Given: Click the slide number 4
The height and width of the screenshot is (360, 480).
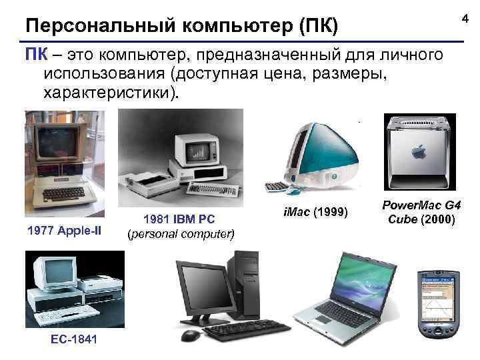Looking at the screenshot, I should (x=465, y=21).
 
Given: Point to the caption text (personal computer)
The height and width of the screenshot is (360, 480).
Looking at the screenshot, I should (x=180, y=234).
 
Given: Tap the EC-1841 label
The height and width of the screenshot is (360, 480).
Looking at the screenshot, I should (x=73, y=339).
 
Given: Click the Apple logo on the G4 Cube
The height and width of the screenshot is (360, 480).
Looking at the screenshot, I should (x=420, y=151).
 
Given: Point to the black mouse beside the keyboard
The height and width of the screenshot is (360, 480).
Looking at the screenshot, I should (x=191, y=335).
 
